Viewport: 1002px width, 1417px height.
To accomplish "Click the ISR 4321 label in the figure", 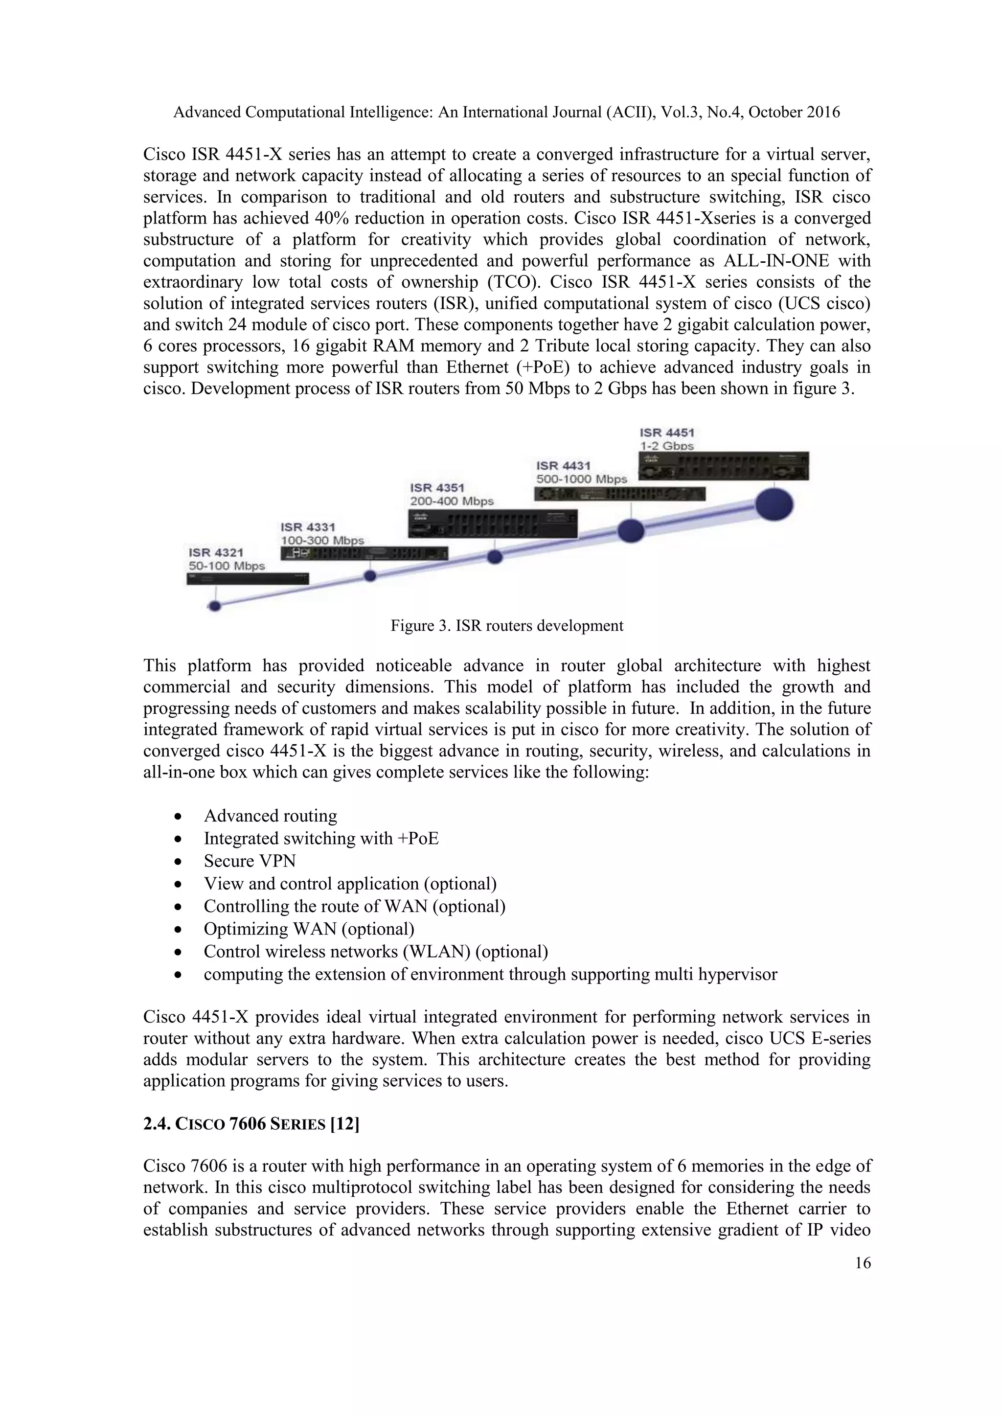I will point(216,552).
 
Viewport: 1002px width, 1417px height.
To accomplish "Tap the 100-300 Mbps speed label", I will point(322,540).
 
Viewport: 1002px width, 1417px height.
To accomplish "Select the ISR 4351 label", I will point(437,487).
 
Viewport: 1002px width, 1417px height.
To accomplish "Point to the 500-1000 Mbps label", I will point(581,479).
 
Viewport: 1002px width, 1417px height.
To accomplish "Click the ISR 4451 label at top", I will point(667,433).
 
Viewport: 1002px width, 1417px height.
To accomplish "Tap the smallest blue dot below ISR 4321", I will point(215,606).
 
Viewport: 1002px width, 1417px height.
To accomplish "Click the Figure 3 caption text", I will point(506,626).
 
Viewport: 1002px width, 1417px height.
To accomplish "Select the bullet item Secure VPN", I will point(250,861).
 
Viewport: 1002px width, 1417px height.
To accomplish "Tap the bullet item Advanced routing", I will point(270,816).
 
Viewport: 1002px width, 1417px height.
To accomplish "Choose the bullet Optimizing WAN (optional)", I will point(309,929).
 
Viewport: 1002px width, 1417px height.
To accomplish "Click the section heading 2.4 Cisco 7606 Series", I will point(251,1124).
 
